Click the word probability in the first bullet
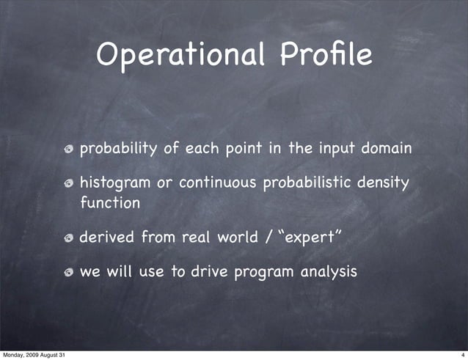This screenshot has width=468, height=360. pos(117,150)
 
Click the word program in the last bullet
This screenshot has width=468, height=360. pos(263,273)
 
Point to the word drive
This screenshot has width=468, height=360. pos(208,272)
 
